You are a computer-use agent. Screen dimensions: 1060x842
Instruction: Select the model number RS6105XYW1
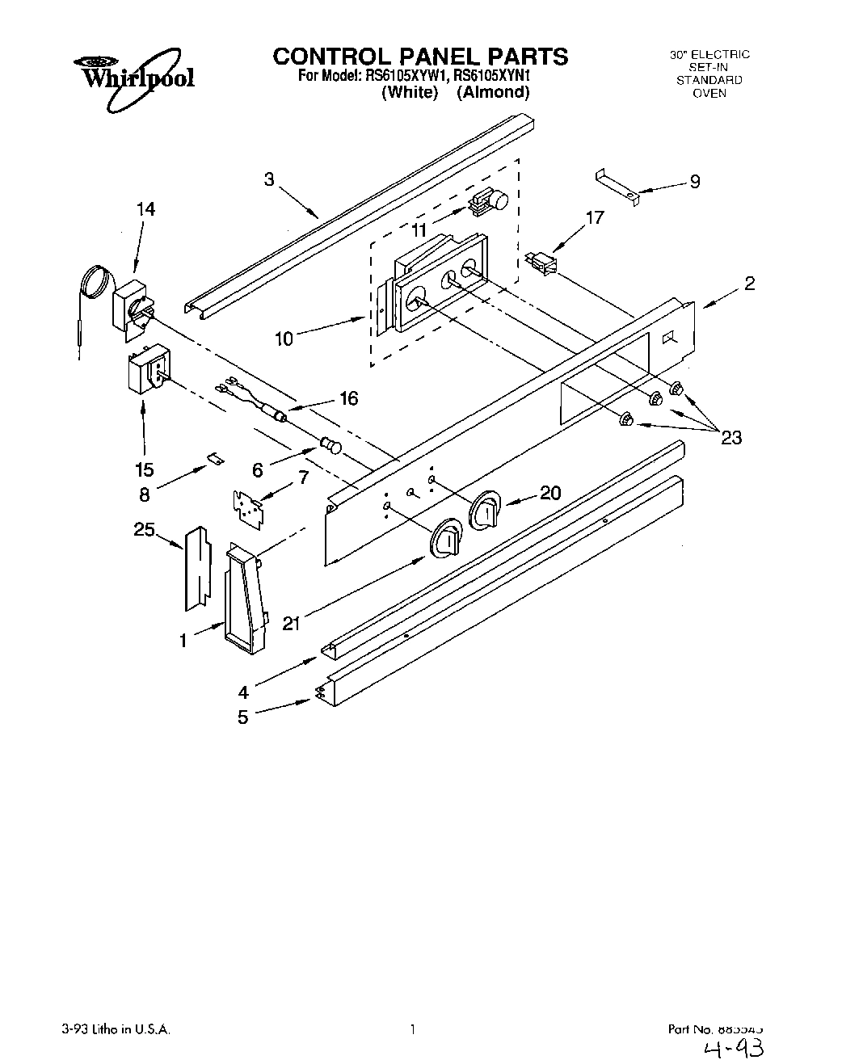(x=406, y=76)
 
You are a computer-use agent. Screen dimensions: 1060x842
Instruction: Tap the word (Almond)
(x=493, y=92)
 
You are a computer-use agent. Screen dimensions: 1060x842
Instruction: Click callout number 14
(x=145, y=209)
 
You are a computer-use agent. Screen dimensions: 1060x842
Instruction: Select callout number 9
(x=694, y=182)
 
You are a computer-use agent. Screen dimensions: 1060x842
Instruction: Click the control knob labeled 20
(x=486, y=509)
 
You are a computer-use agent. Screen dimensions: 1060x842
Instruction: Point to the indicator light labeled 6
(x=331, y=444)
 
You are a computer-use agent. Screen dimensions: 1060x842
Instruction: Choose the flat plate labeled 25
(x=193, y=567)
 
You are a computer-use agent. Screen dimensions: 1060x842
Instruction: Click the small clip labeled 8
(x=215, y=457)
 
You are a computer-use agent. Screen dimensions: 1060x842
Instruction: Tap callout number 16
(x=348, y=398)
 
